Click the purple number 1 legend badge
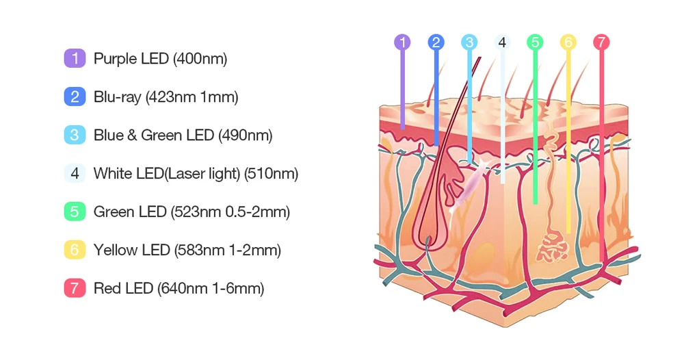point(75,58)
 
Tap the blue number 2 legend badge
point(75,97)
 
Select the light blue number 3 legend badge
point(75,135)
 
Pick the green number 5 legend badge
point(75,211)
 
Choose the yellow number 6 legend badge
point(75,250)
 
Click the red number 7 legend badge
point(75,288)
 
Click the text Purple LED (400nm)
point(160,59)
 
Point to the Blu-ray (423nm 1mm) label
point(166,97)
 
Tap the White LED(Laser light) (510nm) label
point(196,174)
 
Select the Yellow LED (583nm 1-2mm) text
point(187,250)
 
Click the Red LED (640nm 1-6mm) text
point(179,289)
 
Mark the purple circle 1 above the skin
point(403,42)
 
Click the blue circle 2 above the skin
point(436,42)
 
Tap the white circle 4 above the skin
point(502,42)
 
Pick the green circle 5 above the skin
point(535,42)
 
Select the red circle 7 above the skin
point(601,42)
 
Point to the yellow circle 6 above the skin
point(568,42)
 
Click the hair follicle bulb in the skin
point(428,233)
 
